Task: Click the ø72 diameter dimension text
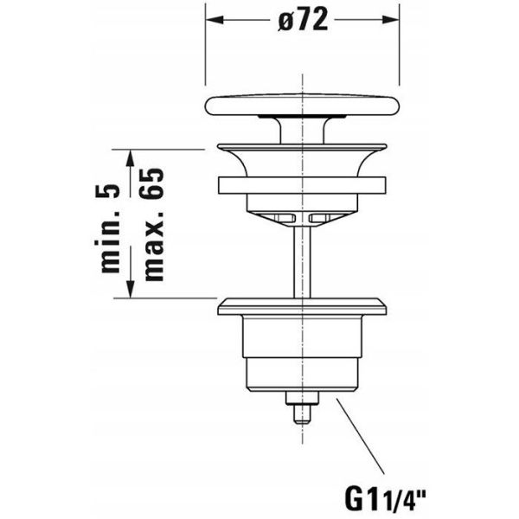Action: pos(304,20)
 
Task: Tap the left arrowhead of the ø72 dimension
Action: pos(215,20)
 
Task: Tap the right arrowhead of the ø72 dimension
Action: pos(390,20)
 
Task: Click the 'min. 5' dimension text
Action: pos(109,228)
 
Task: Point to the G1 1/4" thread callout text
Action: pos(385,501)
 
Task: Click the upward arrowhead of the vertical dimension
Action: pos(131,159)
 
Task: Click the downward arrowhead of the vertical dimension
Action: pos(131,289)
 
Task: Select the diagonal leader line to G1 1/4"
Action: pos(360,437)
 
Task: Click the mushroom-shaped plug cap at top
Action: pos(302,105)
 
